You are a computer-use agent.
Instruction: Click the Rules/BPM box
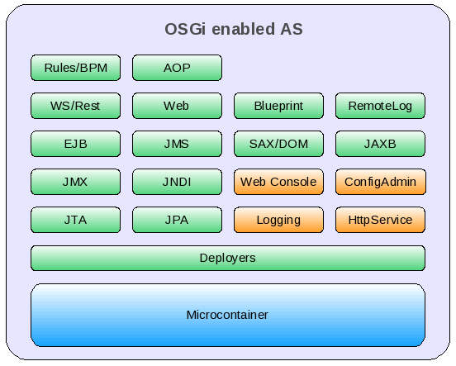(75, 68)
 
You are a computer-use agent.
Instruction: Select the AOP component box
(177, 68)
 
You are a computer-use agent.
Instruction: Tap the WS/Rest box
(75, 106)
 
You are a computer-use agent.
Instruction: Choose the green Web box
(177, 106)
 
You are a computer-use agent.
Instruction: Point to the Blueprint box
(278, 106)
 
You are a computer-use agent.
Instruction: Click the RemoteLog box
(380, 106)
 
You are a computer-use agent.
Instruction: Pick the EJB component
(75, 144)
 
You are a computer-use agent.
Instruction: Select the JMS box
(177, 144)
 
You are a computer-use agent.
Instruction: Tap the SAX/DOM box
(278, 144)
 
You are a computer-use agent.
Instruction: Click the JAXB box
(380, 144)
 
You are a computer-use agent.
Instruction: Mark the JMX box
(75, 182)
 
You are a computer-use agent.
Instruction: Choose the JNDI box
(177, 182)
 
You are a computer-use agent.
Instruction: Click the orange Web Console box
(278, 182)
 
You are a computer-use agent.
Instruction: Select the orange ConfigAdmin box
(380, 182)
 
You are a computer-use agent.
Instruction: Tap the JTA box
(75, 220)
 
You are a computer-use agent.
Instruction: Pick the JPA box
(177, 220)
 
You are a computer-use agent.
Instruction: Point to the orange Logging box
(278, 220)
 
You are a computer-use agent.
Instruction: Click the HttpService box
(380, 220)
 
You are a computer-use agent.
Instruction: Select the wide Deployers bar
(227, 258)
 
